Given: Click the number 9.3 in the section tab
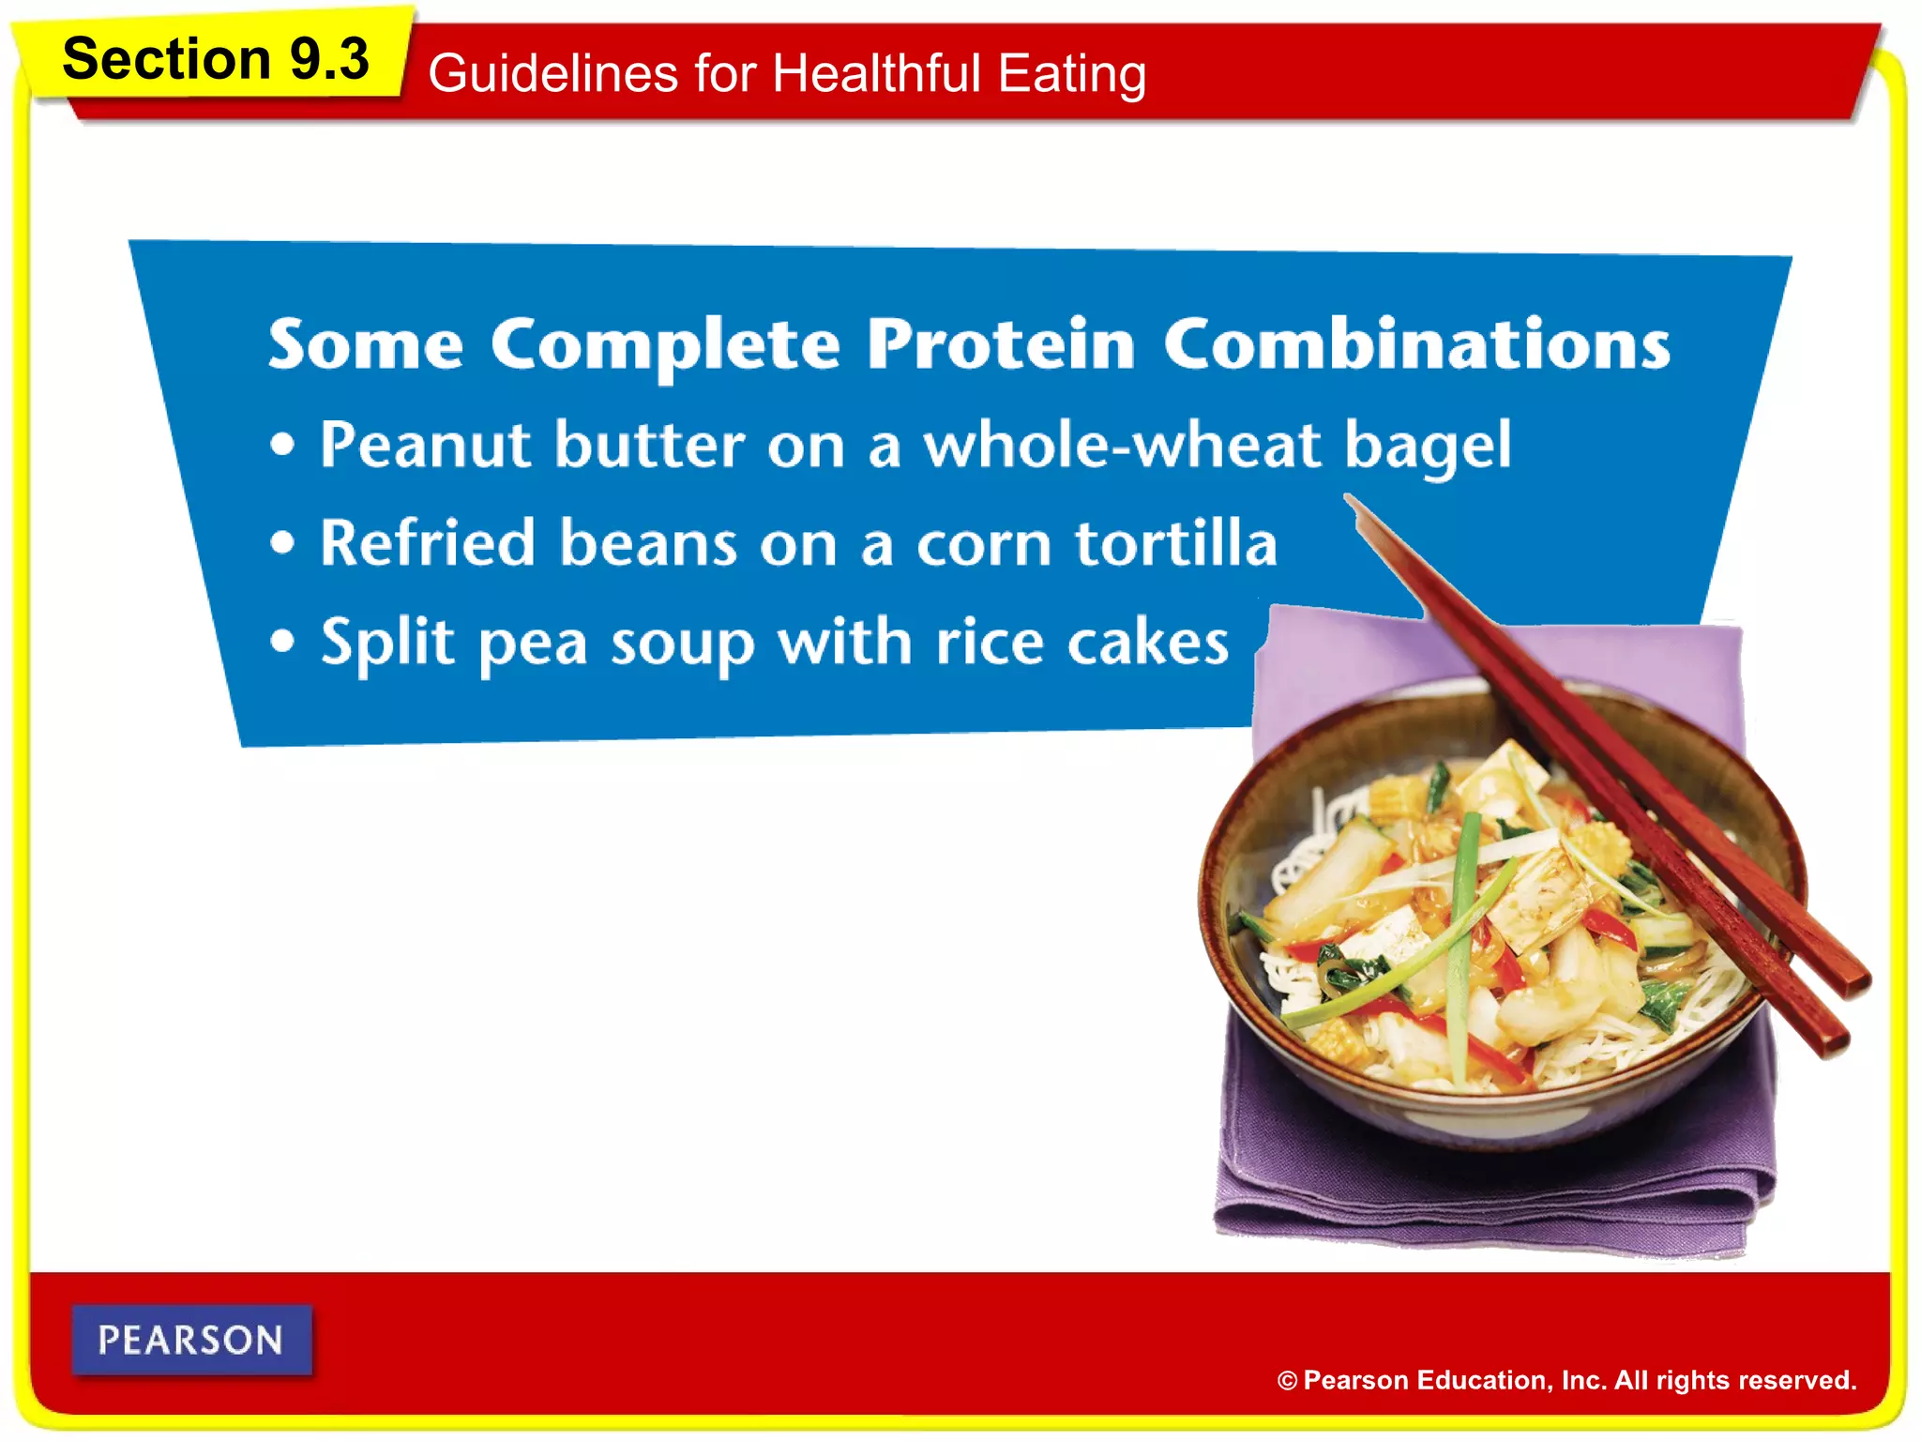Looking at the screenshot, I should [x=328, y=59].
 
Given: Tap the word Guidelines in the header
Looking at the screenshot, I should [x=552, y=73].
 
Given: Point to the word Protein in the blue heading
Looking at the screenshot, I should [x=1001, y=344].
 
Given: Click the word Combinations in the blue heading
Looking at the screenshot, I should [x=1416, y=344].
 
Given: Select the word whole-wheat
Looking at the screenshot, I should [x=1123, y=445].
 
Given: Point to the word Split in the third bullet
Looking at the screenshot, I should [x=387, y=644].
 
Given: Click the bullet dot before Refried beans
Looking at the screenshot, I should [x=282, y=543].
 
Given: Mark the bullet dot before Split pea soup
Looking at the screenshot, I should [x=282, y=643].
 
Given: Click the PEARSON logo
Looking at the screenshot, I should [x=191, y=1340].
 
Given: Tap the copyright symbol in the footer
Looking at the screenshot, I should [x=1287, y=1381].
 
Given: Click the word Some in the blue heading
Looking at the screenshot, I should [x=365, y=344].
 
